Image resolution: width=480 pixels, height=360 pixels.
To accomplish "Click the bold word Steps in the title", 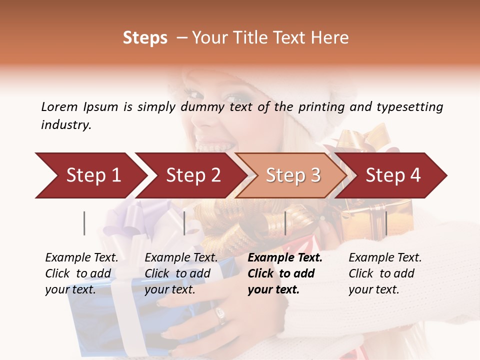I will click(x=145, y=38).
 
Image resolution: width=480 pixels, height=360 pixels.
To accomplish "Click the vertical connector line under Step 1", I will click(x=84, y=223).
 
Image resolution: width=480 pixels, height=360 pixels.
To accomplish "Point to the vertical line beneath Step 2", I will click(x=184, y=223).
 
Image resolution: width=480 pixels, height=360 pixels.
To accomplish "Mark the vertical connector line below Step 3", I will click(x=285, y=223).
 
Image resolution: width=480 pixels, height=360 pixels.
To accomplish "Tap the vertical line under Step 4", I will click(x=386, y=223).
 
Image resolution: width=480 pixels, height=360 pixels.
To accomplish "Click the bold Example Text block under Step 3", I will click(x=285, y=273).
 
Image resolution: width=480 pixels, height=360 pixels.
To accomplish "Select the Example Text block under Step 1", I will click(x=81, y=273).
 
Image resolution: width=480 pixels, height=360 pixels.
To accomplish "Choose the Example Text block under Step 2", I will click(x=181, y=273).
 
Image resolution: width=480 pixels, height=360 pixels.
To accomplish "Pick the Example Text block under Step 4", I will click(x=385, y=273).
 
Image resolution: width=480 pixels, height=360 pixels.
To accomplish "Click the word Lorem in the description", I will click(x=59, y=107).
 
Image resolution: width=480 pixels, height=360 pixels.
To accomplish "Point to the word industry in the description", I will click(x=66, y=125).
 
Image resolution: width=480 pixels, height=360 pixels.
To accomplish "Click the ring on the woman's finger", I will click(x=220, y=314).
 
